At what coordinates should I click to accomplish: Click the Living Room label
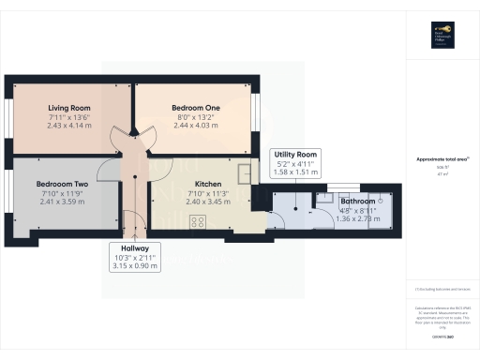tap(67, 107)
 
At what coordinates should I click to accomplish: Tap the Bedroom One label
tap(194, 107)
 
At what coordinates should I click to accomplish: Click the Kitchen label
tap(207, 184)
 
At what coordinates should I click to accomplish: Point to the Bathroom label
tap(357, 201)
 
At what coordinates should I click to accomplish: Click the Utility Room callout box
tap(295, 162)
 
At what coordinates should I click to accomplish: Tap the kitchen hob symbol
tap(198, 221)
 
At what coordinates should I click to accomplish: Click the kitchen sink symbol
tap(246, 173)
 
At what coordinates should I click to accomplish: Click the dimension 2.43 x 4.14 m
tap(67, 125)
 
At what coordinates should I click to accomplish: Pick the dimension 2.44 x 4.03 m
tap(194, 125)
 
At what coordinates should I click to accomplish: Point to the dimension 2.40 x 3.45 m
tap(207, 202)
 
